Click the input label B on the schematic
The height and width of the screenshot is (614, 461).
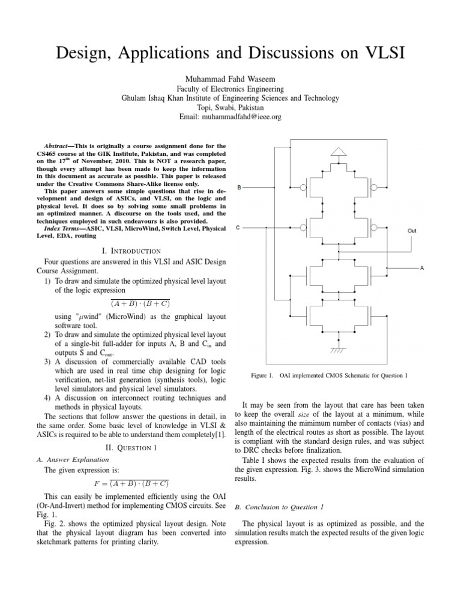[x=240, y=188]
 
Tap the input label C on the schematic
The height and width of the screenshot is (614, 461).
[x=240, y=228]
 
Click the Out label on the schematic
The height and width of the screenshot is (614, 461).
[x=412, y=231]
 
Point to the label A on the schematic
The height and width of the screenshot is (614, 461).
[x=422, y=268]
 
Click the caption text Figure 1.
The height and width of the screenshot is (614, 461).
[x=262, y=375]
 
